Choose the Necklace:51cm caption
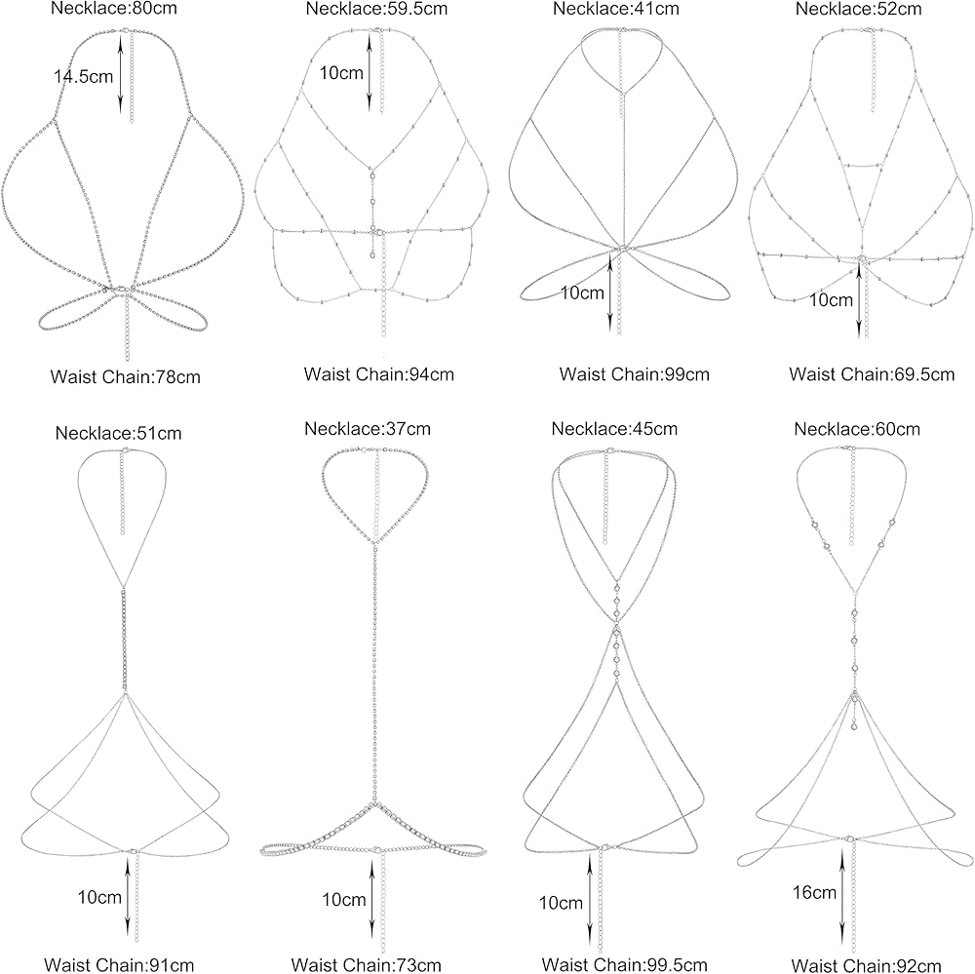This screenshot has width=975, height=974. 119,433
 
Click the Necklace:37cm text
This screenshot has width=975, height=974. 368,428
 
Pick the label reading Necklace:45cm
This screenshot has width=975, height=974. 613,429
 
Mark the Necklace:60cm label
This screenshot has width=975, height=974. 857,430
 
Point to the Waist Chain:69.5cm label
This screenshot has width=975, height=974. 872,373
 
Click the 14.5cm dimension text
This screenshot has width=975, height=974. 83,76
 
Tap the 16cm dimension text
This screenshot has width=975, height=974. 816,892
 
